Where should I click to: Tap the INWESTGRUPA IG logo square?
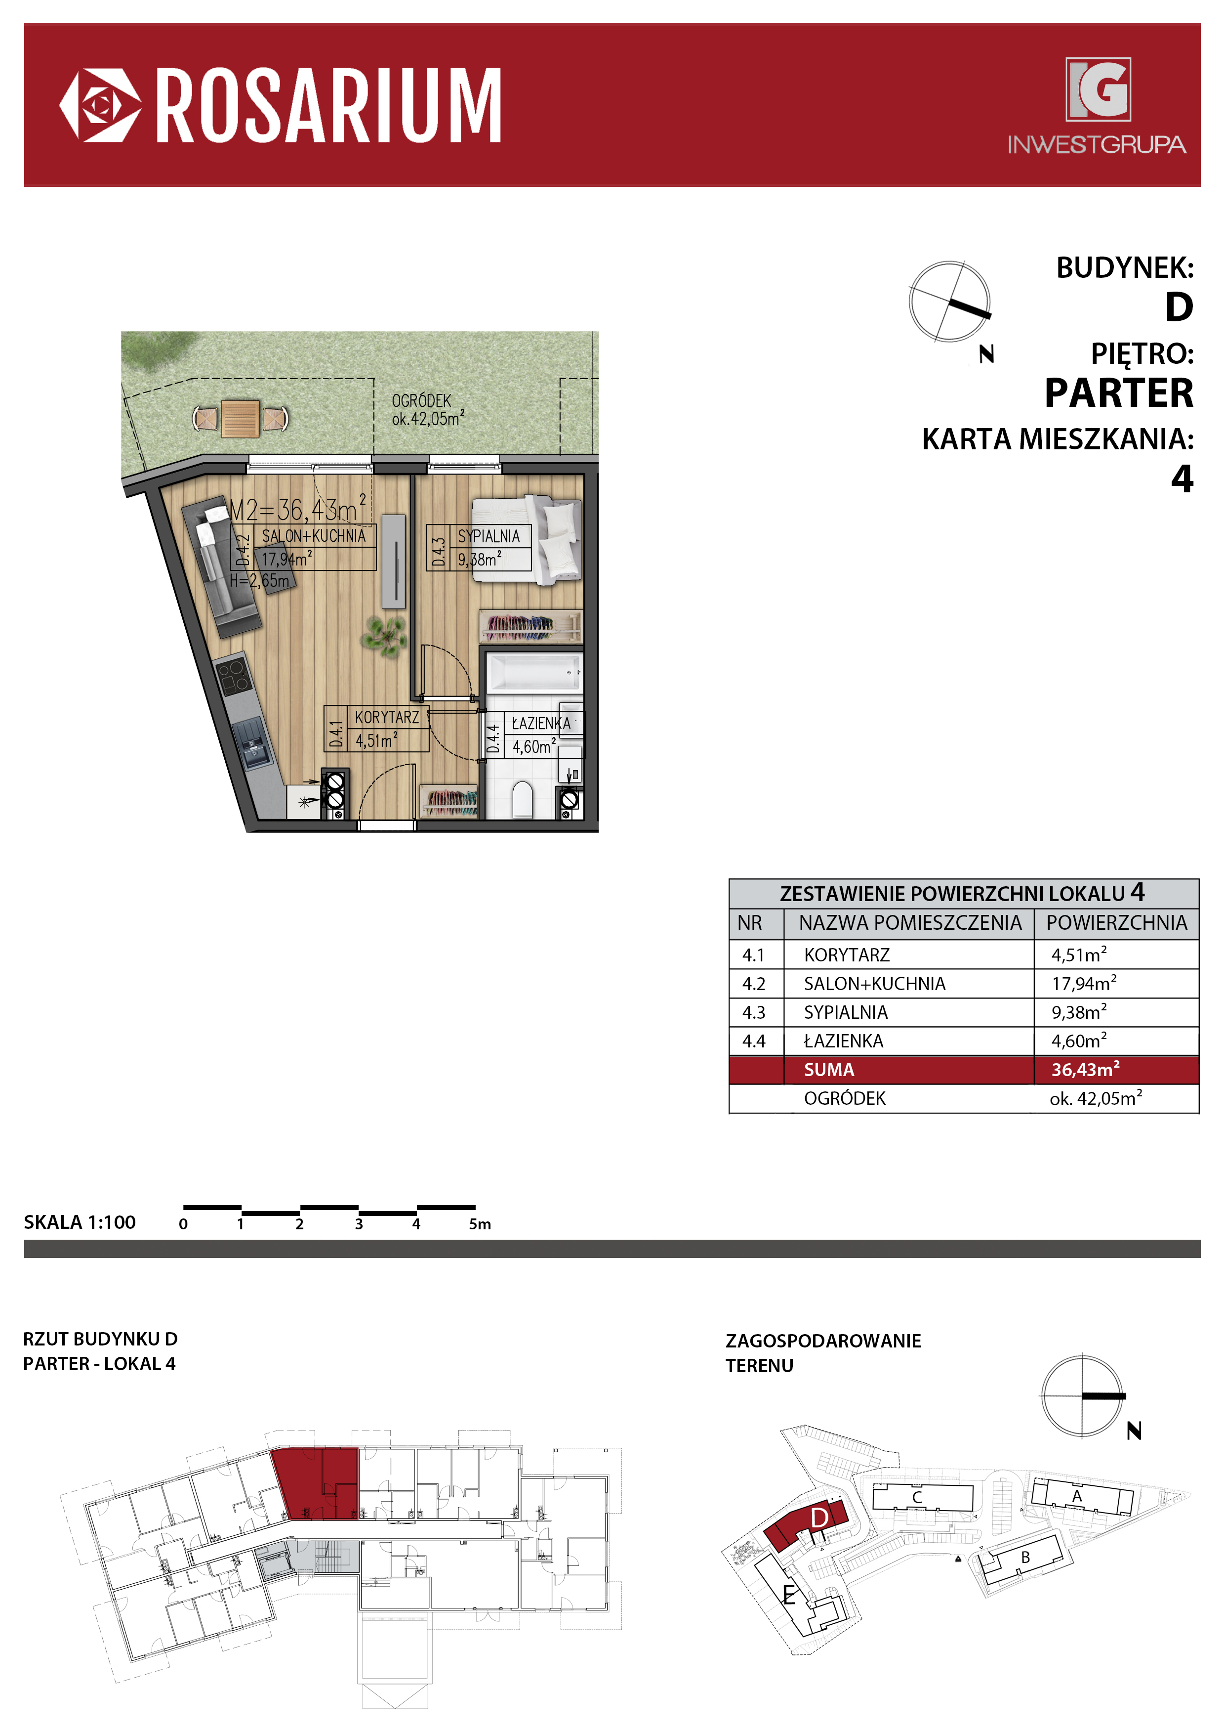(x=1098, y=89)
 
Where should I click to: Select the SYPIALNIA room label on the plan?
(x=489, y=536)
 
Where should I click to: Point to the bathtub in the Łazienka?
(x=533, y=671)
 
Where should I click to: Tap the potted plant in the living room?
(x=386, y=635)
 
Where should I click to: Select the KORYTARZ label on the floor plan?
(x=386, y=717)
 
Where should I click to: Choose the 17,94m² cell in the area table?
(x=1084, y=983)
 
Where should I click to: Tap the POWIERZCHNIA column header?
(x=1116, y=923)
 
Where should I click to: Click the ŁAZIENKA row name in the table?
(x=843, y=1040)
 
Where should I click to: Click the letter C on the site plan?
(x=917, y=1497)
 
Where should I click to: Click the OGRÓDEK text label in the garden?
(x=421, y=401)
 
